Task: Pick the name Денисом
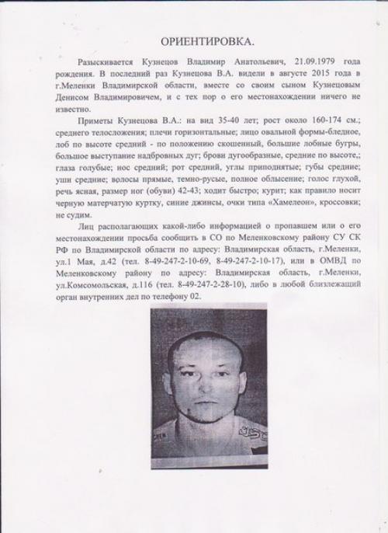click(76, 100)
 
